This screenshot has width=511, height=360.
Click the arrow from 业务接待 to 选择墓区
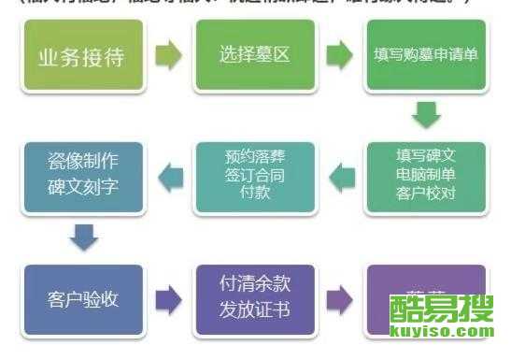(x=167, y=56)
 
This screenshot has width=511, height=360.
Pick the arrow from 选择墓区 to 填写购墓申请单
(x=341, y=56)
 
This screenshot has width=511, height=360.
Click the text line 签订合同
(x=251, y=174)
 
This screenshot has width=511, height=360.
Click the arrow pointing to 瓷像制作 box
(x=167, y=174)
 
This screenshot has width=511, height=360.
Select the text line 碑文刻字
(x=83, y=185)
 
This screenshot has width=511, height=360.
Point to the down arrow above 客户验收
(x=84, y=238)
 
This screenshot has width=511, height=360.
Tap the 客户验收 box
(x=82, y=299)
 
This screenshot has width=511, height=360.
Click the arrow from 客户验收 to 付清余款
(x=168, y=299)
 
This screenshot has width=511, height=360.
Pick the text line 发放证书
(x=254, y=310)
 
